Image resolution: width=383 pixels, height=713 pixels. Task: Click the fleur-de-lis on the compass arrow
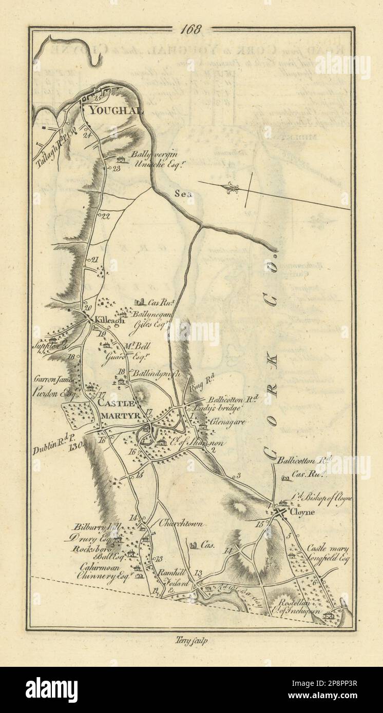230,188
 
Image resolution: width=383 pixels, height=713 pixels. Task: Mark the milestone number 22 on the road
106,216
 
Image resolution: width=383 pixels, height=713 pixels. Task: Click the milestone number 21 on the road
94,260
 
